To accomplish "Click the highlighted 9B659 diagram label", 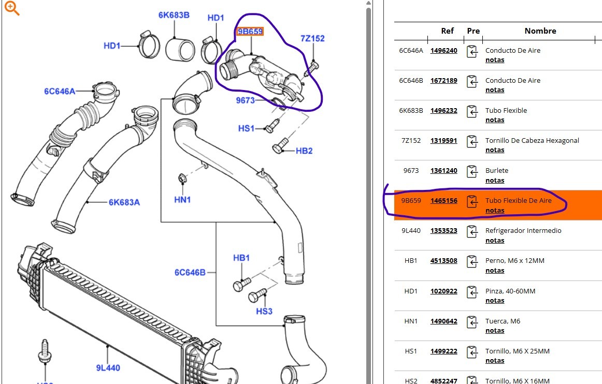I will click(251, 32).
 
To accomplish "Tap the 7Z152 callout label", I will click(312, 38).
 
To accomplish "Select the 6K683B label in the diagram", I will click(174, 15).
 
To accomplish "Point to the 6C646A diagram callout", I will click(60, 92).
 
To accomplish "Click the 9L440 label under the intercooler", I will click(108, 368).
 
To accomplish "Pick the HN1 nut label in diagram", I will click(182, 199).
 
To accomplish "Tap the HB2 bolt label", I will click(304, 151).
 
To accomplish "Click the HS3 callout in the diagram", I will click(264, 311).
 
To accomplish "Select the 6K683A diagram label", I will click(124, 202).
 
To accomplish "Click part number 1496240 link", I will click(443, 50).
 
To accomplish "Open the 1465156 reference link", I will click(443, 200).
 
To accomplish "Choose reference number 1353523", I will click(443, 230).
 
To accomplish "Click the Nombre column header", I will click(540, 31).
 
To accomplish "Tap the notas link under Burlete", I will click(495, 181).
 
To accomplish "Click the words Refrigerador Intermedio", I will click(523, 230).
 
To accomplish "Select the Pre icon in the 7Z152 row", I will click(472, 141).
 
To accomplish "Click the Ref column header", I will click(447, 31).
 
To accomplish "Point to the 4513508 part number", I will click(443, 260).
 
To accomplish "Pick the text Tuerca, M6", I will click(503, 321).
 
